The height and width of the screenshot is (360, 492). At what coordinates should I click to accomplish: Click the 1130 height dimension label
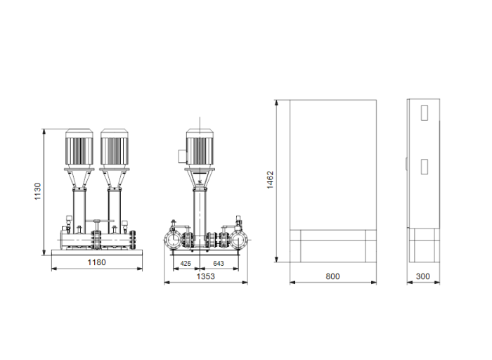point(38,192)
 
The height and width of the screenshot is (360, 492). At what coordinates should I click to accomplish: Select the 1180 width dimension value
point(96,262)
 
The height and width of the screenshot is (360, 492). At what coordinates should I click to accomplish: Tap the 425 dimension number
point(186,263)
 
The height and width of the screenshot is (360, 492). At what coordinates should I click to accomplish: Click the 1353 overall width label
point(205,277)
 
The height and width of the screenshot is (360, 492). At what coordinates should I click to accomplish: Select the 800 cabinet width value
point(333,276)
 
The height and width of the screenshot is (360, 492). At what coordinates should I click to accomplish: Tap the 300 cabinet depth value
point(422,276)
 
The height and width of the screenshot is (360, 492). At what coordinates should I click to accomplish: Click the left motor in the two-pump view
point(79,148)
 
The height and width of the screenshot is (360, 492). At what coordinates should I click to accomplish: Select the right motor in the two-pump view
point(114,148)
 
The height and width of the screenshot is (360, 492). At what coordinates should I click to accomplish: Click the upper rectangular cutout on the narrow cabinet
point(424,112)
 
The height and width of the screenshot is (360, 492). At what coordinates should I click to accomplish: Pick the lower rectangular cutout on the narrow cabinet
point(424,166)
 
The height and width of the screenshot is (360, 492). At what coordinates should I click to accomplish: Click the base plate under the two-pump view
point(96,252)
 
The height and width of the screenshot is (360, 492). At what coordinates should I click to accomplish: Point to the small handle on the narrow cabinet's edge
point(408,166)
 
